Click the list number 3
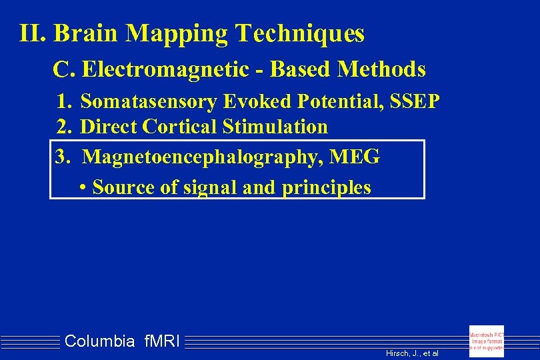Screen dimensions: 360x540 coord(63,157)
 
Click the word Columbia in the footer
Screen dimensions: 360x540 coord(100,342)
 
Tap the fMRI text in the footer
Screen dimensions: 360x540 coord(162,342)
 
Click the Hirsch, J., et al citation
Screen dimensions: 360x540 coord(412,353)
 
